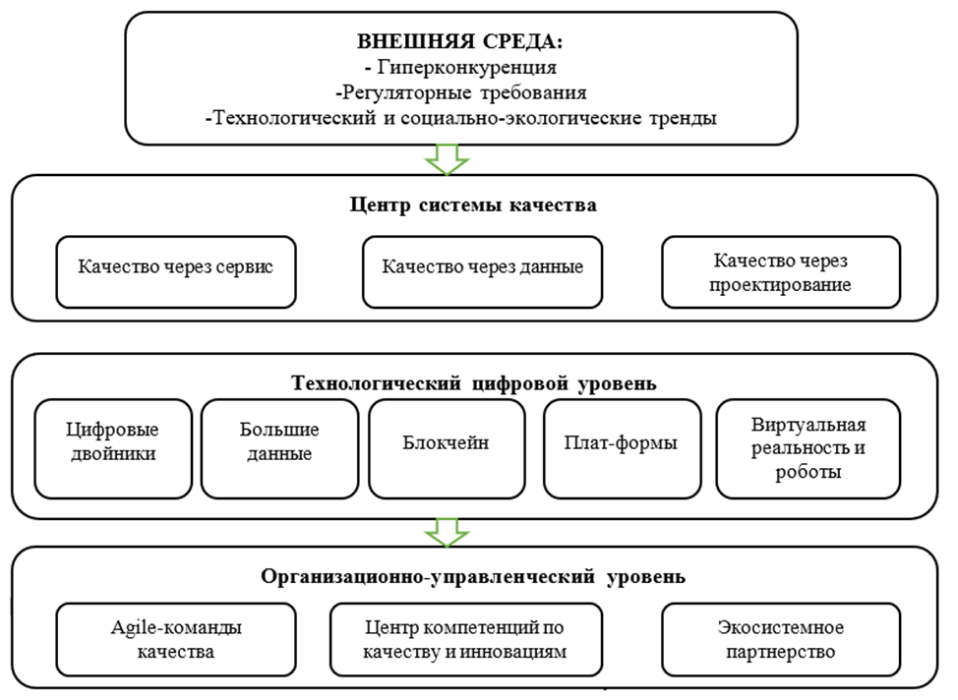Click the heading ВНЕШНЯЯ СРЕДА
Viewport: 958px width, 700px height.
pyautogui.click(x=460, y=43)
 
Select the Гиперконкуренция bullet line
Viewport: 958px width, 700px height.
pyautogui.click(x=460, y=69)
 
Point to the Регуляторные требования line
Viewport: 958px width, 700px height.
pyautogui.click(x=460, y=93)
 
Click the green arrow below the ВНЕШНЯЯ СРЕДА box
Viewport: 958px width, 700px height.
pyautogui.click(x=447, y=157)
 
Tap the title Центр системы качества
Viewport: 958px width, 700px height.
pyautogui.click(x=473, y=205)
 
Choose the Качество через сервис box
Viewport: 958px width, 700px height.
pyautogui.click(x=176, y=271)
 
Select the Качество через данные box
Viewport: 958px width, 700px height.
pyautogui.click(x=482, y=271)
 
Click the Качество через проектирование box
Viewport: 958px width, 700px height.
pyautogui.click(x=781, y=271)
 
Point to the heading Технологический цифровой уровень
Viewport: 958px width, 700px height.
pyautogui.click(x=473, y=380)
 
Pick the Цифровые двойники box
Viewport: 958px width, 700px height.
pyautogui.click(x=112, y=447)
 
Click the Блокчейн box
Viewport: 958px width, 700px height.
pyautogui.click(x=447, y=447)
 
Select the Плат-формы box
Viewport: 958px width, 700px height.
pyautogui.click(x=621, y=447)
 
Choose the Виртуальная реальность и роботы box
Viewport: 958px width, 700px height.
pyautogui.click(x=807, y=447)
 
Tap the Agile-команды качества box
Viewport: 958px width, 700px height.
pyautogui.click(x=176, y=639)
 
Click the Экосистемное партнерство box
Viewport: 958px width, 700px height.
pyautogui.click(x=781, y=639)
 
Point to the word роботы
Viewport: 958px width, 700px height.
pyautogui.click(x=808, y=472)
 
